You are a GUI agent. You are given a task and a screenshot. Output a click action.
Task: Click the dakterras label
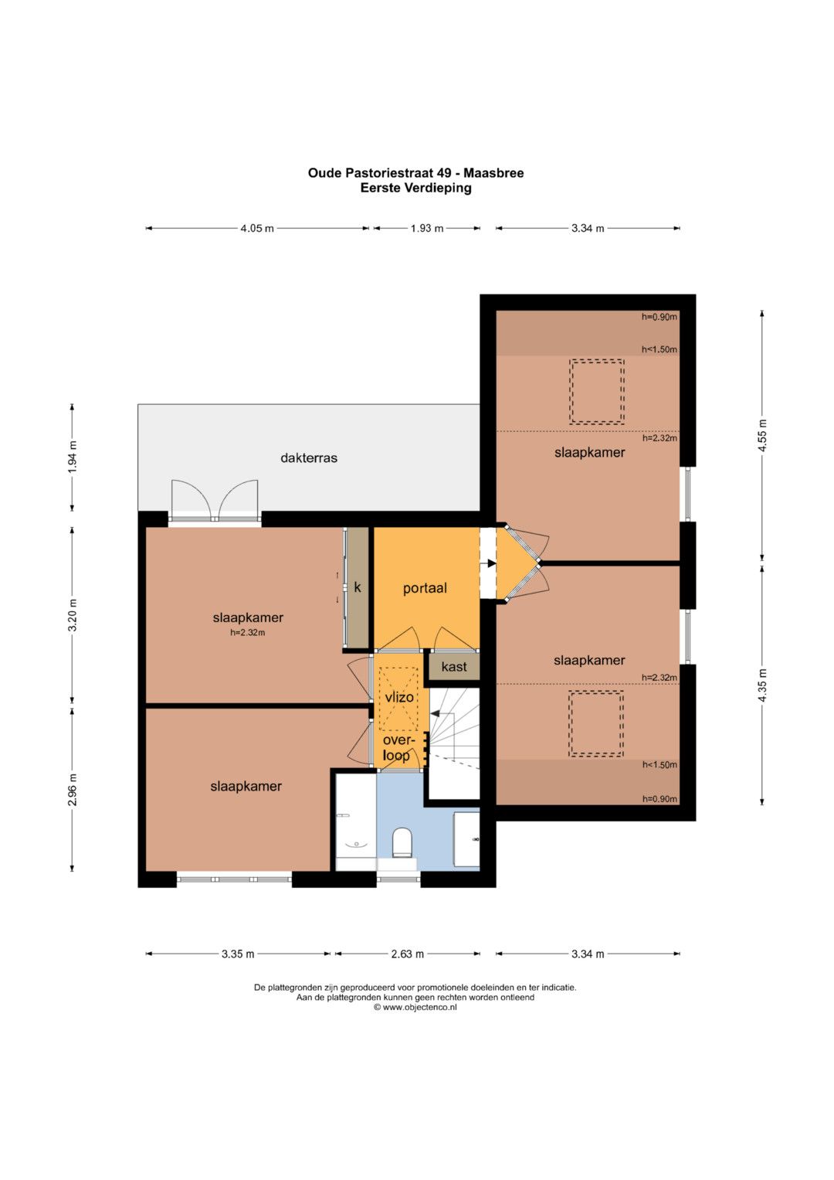pos(309,457)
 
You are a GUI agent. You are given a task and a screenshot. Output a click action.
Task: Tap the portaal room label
pos(425,588)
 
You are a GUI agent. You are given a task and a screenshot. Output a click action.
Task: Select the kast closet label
pos(454,667)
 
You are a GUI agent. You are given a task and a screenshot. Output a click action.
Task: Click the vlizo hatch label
pos(399,697)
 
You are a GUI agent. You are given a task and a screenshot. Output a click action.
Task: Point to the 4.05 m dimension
pos(257,228)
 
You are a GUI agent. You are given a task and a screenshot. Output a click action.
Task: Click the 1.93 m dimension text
pos(427,228)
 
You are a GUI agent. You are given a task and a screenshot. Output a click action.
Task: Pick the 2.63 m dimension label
pos(407,954)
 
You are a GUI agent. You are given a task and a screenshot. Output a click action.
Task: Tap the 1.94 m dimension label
pos(73,457)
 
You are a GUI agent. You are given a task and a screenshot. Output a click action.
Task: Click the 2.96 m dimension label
pos(73,789)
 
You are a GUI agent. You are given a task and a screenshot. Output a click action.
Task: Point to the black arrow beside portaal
pos(492,563)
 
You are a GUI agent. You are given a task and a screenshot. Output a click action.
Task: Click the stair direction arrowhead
pos(434,713)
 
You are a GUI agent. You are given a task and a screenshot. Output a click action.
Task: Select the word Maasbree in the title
pos(493,173)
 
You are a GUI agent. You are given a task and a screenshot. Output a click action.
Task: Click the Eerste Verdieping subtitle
pos(415,188)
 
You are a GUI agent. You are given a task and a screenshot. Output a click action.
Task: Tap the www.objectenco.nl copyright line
pos(415,1007)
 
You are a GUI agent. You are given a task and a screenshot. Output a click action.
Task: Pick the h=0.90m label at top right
pos(659,317)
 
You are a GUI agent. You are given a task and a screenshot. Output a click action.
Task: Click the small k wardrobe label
pos(358,587)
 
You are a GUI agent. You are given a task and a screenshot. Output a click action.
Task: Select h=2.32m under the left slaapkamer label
pos(247,633)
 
